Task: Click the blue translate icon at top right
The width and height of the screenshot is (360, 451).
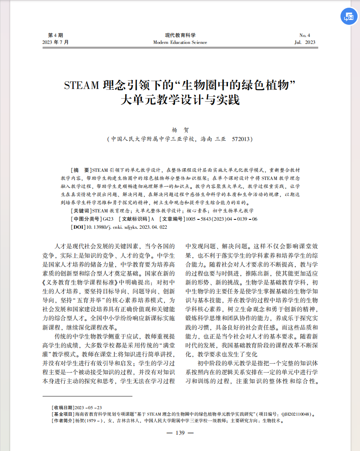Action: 349,16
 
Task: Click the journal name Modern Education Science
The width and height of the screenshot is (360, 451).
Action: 180,42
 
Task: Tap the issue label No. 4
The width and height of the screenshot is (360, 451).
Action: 304,35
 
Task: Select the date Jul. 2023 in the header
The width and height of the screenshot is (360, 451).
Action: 304,42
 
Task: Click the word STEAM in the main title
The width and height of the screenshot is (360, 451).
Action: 81,86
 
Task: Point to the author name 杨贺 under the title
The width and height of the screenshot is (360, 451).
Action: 180,130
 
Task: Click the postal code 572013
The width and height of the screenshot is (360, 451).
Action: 241,139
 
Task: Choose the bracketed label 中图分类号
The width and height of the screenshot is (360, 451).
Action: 87,219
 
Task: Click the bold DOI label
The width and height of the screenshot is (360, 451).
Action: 78,227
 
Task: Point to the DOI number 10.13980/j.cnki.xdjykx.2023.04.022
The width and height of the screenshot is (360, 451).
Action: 126,227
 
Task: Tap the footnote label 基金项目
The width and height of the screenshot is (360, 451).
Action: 63,414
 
